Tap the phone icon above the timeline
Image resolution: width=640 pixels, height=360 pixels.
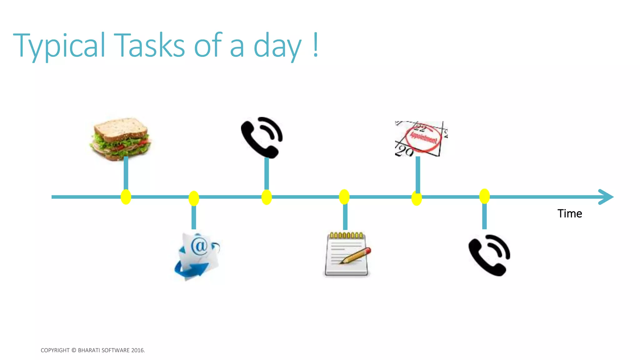tap(262, 137)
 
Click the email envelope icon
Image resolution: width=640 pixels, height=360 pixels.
tap(197, 256)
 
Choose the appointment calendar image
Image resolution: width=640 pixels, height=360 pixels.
tap(420, 139)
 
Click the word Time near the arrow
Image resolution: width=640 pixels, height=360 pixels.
tap(569, 214)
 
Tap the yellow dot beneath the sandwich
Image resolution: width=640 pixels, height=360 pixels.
tap(126, 197)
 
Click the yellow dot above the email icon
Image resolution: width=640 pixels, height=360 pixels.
tap(194, 198)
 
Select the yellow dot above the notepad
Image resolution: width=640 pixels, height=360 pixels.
tap(344, 197)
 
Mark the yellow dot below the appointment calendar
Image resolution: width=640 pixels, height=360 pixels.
tap(417, 198)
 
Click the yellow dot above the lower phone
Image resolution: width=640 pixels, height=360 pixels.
tap(484, 196)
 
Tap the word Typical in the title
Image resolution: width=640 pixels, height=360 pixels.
tap(59, 46)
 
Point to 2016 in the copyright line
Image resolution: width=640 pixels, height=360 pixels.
tap(137, 350)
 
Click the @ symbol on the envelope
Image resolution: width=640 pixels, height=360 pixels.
tap(199, 246)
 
